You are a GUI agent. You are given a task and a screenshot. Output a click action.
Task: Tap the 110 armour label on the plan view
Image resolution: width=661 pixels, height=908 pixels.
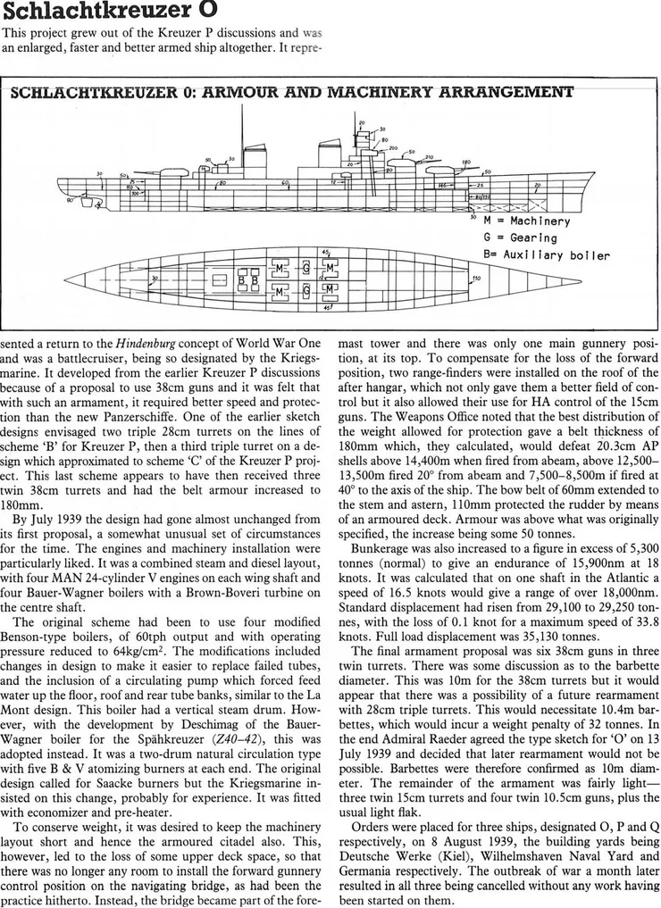click(476, 279)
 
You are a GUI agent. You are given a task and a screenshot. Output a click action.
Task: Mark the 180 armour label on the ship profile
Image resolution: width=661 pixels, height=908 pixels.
click(465, 163)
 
